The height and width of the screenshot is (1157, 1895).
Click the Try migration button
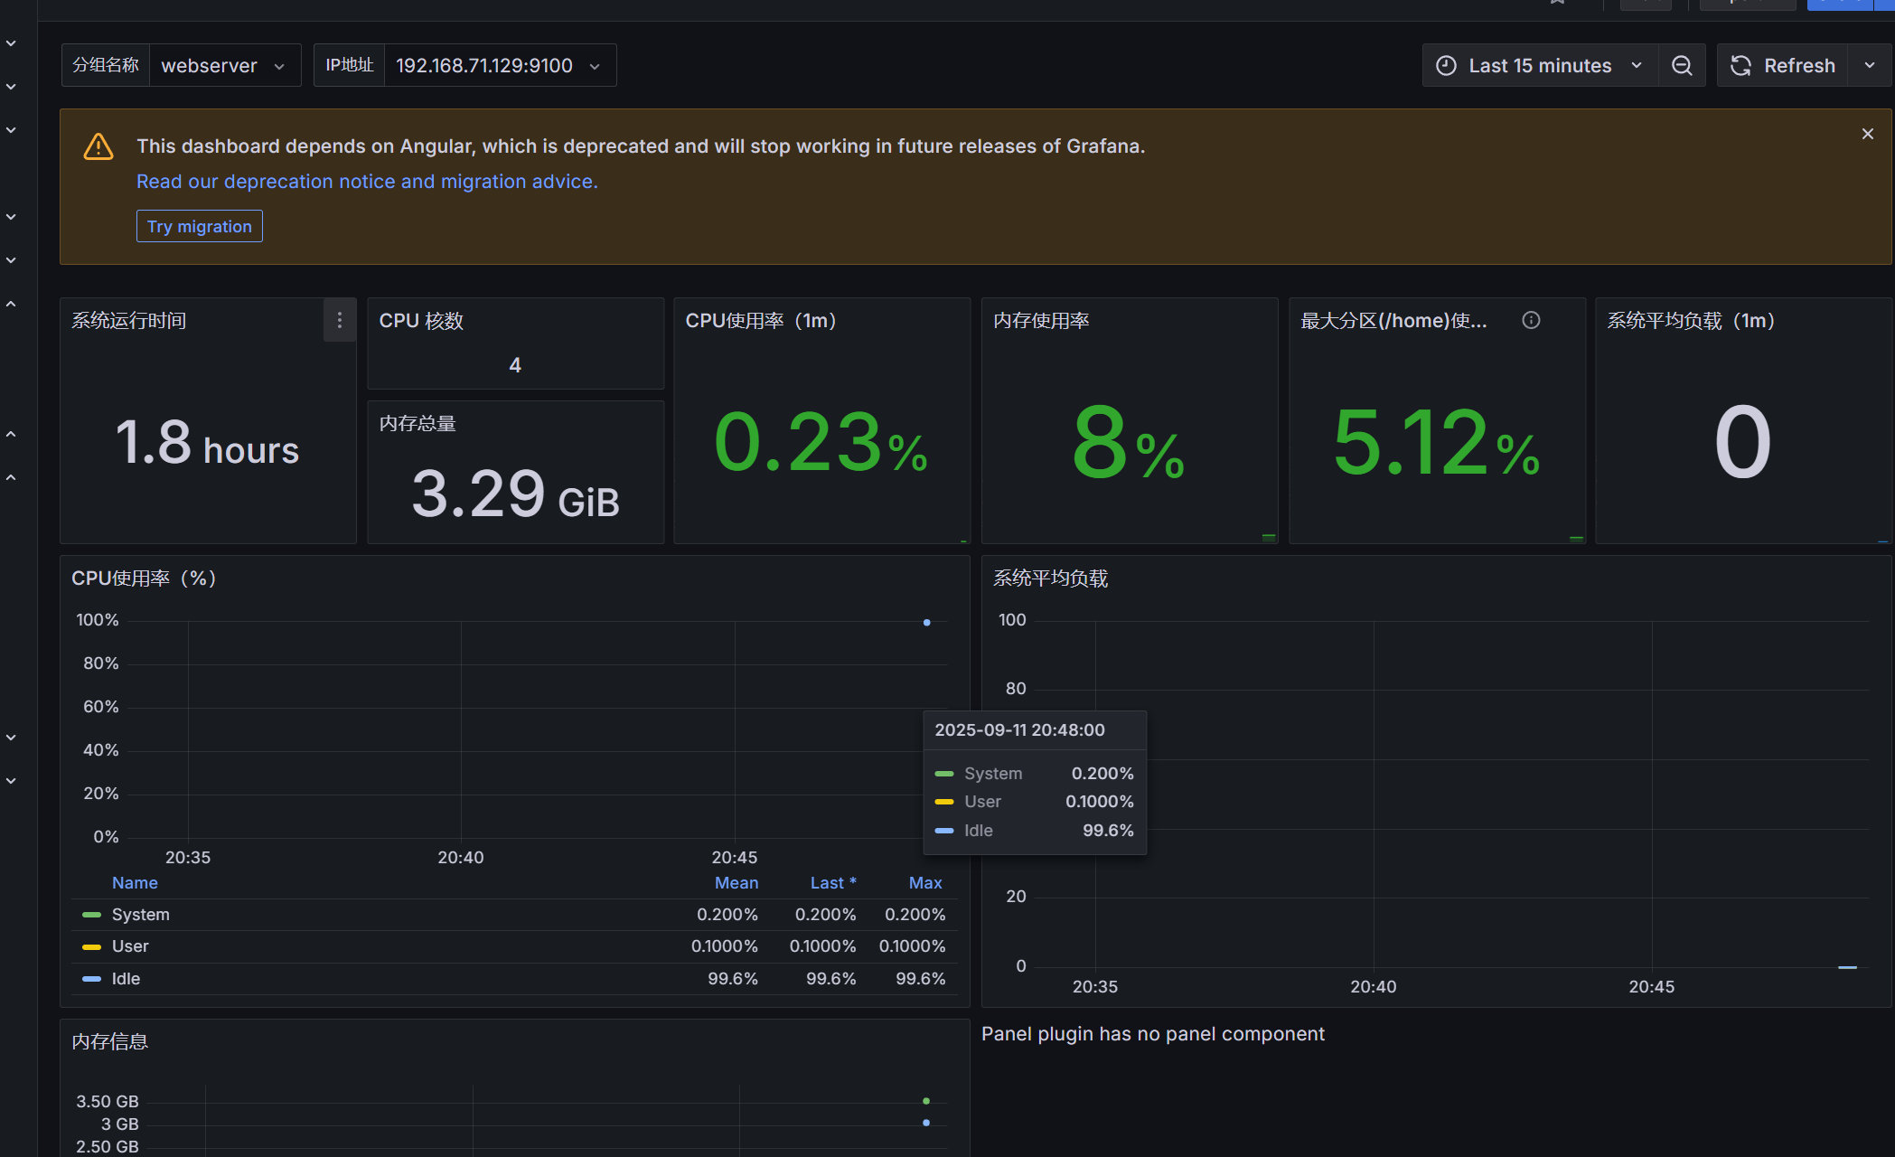[x=200, y=226]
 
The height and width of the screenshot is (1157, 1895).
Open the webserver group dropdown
[x=225, y=65]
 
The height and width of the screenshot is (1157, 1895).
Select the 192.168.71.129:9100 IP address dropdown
[x=500, y=65]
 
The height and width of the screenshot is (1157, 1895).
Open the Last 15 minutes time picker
[x=1540, y=65]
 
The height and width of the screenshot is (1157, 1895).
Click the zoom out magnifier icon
[x=1682, y=65]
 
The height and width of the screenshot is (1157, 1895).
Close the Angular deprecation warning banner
[x=1868, y=134]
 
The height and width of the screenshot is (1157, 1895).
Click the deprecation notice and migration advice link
[x=367, y=182]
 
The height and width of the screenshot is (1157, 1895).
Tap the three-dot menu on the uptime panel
[x=340, y=320]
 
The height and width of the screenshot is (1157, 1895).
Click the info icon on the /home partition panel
[x=1531, y=320]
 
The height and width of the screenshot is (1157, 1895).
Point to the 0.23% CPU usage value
[x=821, y=442]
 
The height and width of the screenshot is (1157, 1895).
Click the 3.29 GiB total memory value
[x=515, y=494]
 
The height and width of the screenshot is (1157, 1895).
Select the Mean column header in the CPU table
[x=736, y=883]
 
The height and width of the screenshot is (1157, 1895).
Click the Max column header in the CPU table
[x=925, y=883]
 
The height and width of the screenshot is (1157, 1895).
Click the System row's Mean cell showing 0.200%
[x=727, y=915]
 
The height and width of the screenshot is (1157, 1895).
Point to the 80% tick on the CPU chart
[x=101, y=663]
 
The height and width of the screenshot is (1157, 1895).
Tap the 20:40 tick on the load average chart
[x=1373, y=987]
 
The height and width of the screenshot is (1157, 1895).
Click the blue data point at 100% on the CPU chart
[x=926, y=623]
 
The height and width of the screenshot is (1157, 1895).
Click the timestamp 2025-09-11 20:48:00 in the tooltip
[x=1019, y=730]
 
